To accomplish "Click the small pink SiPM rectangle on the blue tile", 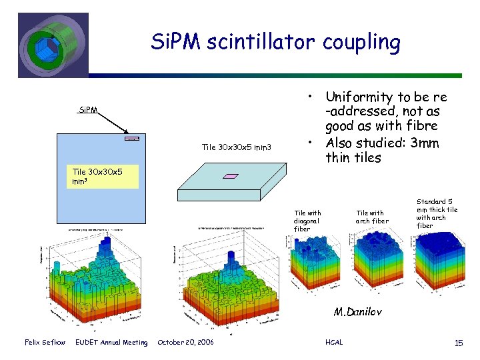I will pyautogui.click(x=131, y=139).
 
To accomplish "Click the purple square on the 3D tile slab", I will pyautogui.click(x=231, y=176).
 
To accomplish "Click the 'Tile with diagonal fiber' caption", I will pyautogui.click(x=307, y=221).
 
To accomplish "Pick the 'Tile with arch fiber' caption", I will pyautogui.click(x=372, y=217).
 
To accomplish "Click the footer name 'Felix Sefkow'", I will pyautogui.click(x=45, y=342).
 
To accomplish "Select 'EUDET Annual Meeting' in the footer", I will pyautogui.click(x=112, y=342).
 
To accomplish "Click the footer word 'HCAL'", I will pyautogui.click(x=333, y=342).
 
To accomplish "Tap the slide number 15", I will pyautogui.click(x=458, y=342).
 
